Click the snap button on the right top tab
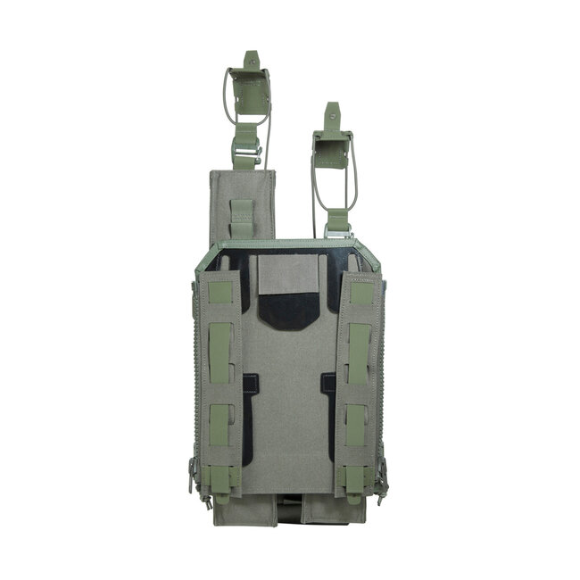click(332, 111)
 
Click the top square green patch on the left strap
click(220, 291)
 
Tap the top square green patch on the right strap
click(360, 292)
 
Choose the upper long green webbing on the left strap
click(220, 353)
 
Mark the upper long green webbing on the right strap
click(359, 353)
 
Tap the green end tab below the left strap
click(220, 482)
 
